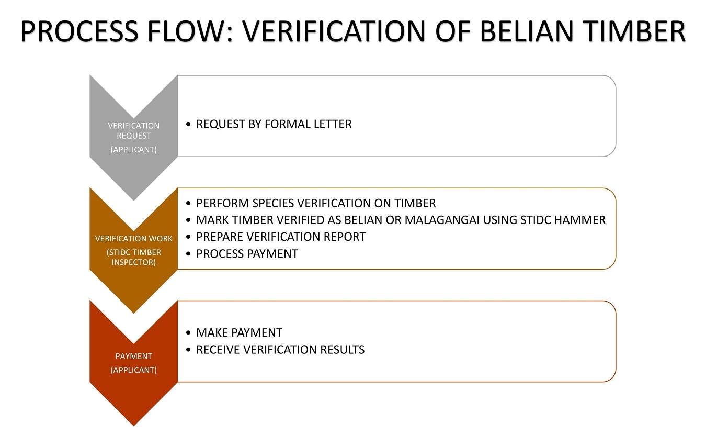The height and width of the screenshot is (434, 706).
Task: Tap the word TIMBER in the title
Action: point(634,31)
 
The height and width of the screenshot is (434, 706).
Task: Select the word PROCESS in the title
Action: point(79,31)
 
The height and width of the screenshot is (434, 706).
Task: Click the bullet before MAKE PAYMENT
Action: point(188,333)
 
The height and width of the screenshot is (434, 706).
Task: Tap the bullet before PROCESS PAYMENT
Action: point(188,253)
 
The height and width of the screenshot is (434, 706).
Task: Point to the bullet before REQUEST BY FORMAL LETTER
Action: point(188,124)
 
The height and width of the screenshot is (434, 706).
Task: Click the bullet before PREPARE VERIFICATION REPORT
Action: point(188,237)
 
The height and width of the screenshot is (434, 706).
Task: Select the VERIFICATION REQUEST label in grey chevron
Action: point(134,130)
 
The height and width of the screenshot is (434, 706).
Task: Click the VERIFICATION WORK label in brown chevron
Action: point(134,239)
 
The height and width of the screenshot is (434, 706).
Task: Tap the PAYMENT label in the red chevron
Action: point(134,357)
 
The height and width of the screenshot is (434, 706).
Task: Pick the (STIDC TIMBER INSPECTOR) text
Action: point(134,258)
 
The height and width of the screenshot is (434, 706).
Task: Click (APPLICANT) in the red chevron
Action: point(134,370)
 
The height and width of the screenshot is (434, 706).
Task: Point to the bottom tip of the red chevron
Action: point(134,426)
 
